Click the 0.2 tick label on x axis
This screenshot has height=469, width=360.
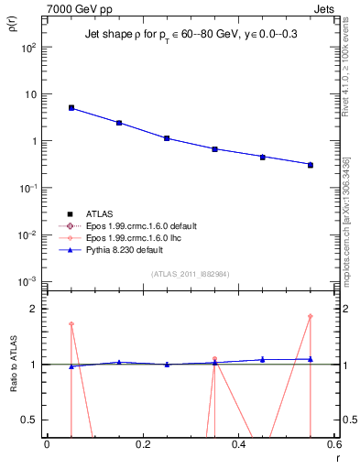(x=142, y=445)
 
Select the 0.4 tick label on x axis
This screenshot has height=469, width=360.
(x=239, y=445)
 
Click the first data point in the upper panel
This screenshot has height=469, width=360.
(x=71, y=107)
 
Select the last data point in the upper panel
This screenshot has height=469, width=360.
(x=311, y=165)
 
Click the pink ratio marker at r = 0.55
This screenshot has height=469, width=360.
(x=311, y=317)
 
